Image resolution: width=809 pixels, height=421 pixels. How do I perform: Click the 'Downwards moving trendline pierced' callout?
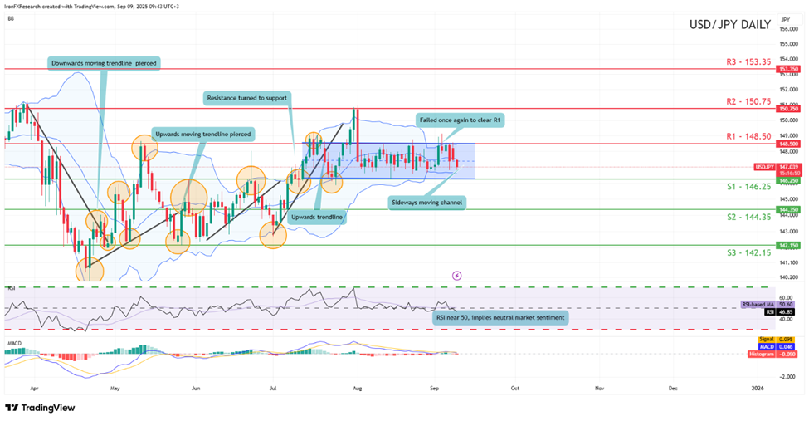(x=102, y=62)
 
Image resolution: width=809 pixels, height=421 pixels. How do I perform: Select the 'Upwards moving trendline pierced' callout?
(x=203, y=133)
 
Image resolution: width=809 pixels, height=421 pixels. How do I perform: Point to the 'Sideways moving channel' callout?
(x=428, y=201)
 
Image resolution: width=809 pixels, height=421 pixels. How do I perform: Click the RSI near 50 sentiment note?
(x=500, y=317)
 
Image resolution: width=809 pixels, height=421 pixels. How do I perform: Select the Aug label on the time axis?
(x=357, y=387)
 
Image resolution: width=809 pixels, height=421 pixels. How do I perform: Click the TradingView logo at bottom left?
(x=40, y=407)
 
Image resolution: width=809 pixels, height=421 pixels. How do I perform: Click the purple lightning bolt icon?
(x=456, y=275)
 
